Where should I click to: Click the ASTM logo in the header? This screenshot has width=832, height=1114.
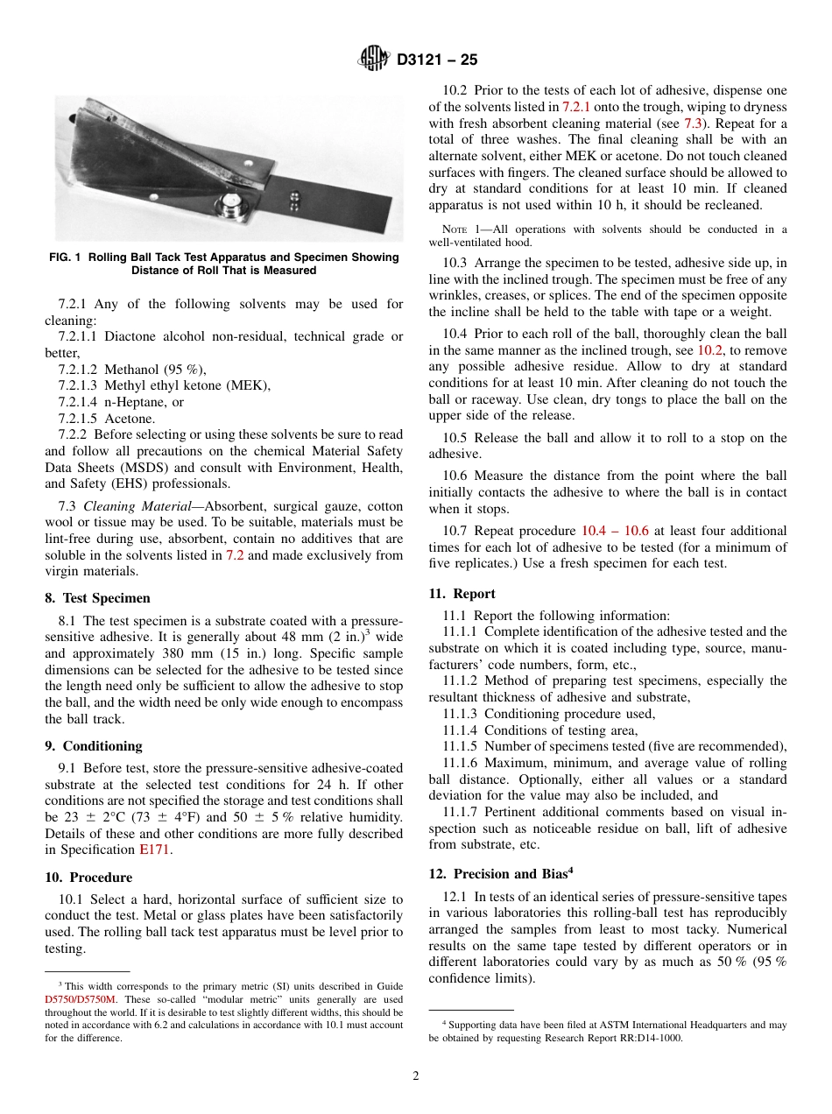click(x=374, y=60)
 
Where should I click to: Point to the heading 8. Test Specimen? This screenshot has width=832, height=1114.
click(x=97, y=598)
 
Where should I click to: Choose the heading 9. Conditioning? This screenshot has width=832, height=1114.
click(x=94, y=746)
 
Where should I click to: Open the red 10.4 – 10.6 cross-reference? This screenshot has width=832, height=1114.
click(x=614, y=531)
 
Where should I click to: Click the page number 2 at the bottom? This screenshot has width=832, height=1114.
click(x=416, y=1076)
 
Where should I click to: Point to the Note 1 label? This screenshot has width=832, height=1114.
click(x=455, y=229)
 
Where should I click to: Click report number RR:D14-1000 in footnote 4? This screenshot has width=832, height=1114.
click(x=641, y=1039)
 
